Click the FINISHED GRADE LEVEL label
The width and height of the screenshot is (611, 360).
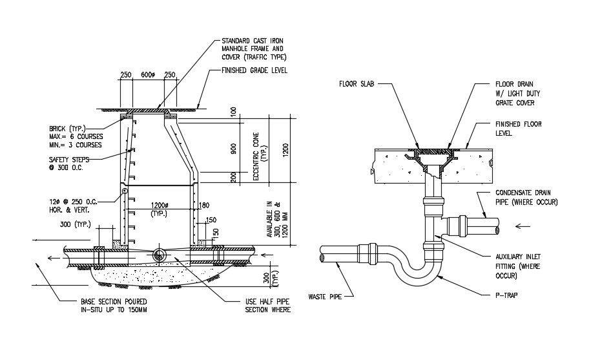coord(254,70)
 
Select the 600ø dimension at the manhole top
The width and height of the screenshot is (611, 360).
coord(148,75)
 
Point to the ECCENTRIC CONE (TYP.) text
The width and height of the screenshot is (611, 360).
coord(259,156)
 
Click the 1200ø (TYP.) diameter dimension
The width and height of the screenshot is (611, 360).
coord(160,209)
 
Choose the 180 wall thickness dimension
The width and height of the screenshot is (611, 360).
coord(204,205)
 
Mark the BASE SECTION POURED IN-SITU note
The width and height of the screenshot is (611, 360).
coord(114,306)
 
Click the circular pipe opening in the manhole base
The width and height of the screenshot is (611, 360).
coord(159,255)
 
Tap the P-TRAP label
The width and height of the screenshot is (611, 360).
coord(506,295)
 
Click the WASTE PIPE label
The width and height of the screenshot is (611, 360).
coord(325,297)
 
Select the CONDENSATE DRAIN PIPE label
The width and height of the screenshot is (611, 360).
coord(526,197)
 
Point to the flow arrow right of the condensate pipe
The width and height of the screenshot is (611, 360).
coord(523,226)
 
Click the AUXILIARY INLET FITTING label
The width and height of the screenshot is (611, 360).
coord(518,266)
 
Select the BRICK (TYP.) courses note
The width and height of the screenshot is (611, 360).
coord(76,137)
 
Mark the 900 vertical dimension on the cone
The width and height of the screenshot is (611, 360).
coord(233,149)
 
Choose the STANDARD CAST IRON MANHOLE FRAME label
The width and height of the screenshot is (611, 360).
coord(254,48)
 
